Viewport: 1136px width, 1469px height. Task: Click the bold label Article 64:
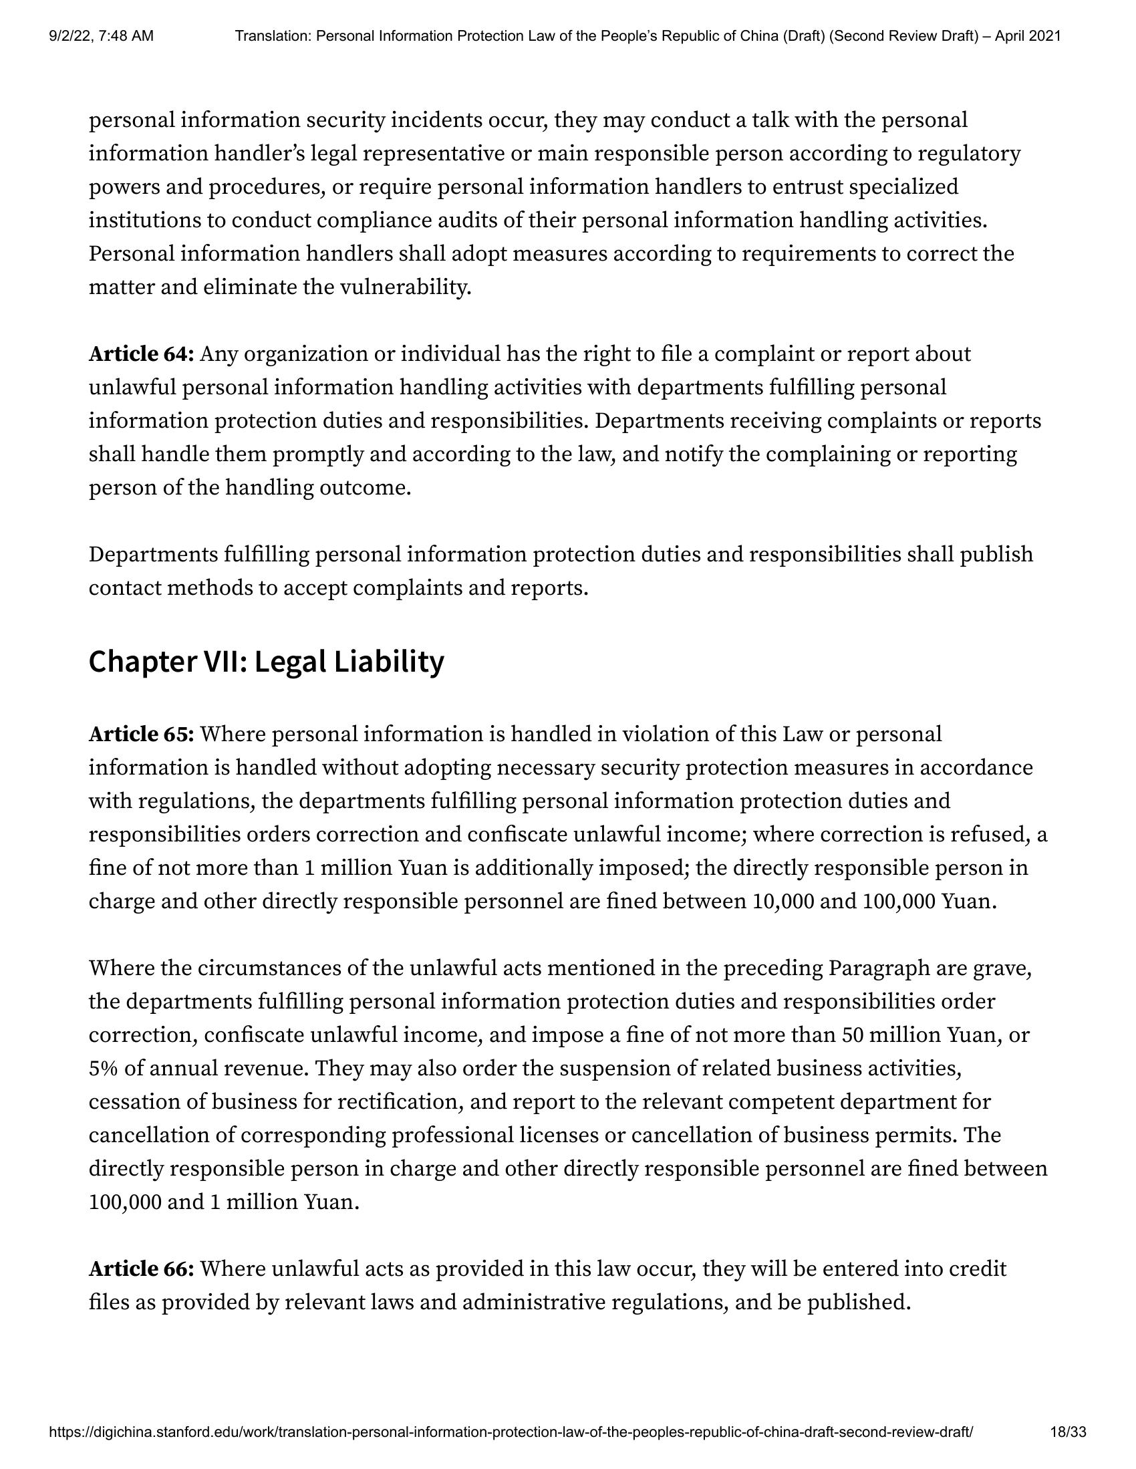141,354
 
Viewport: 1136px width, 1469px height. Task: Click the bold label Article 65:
141,734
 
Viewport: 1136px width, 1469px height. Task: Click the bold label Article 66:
141,1269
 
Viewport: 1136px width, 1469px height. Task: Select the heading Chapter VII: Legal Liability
267,662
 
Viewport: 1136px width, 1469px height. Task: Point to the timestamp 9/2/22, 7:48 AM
101,35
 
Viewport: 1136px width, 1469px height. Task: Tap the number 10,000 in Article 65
781,902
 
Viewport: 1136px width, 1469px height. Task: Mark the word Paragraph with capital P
877,968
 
